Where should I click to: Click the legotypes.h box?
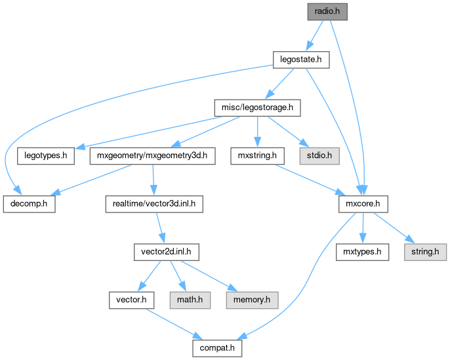pyautogui.click(x=46, y=156)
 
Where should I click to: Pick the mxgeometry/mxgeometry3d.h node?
pyautogui.click(x=152, y=156)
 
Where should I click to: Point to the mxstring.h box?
pyautogui.click(x=256, y=156)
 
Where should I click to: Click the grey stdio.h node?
pyautogui.click(x=319, y=156)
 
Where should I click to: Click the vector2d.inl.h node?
pyautogui.click(x=166, y=252)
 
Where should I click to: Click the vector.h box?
pyautogui.click(x=132, y=300)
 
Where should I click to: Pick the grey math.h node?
pyautogui.click(x=190, y=300)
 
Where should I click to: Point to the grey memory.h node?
pyautogui.click(x=252, y=300)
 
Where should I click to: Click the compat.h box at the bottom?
pyautogui.click(x=216, y=348)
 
